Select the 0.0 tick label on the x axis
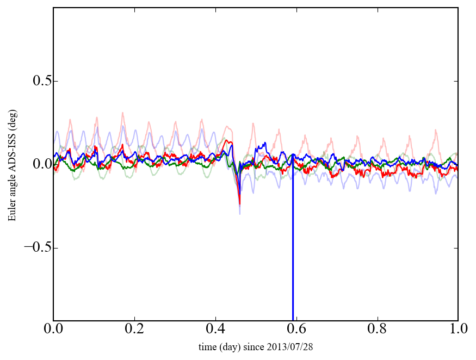click(53, 329)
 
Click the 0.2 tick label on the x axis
click(134, 329)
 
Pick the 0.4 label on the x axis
click(215, 329)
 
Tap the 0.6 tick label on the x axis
click(296, 329)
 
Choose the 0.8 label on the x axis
click(377, 329)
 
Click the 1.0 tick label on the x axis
click(458, 329)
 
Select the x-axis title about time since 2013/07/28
click(256, 346)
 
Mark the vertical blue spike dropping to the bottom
click(293, 245)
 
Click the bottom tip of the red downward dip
click(240, 203)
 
